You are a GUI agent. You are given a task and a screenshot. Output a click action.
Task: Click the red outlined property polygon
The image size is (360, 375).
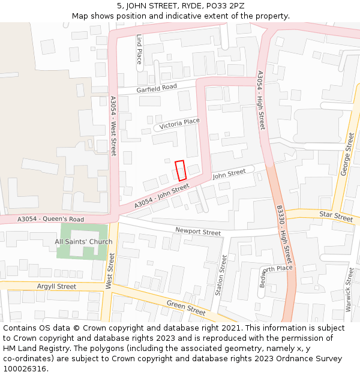[x=181, y=170]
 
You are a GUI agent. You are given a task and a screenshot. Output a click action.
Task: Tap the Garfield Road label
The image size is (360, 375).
[x=157, y=88]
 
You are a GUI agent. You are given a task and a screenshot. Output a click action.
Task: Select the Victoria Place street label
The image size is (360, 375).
[x=179, y=123]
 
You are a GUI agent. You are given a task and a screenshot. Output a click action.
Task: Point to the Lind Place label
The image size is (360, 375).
[x=139, y=49]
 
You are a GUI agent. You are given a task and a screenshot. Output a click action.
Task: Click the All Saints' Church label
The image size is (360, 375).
[x=83, y=242]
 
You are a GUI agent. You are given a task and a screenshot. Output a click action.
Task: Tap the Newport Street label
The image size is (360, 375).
[x=198, y=232]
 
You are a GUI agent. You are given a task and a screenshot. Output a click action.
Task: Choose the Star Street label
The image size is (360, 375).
[x=336, y=215]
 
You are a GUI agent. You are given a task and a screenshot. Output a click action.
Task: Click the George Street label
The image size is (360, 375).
[x=347, y=154]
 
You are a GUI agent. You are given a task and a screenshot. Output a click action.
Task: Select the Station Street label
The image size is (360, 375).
[x=221, y=275]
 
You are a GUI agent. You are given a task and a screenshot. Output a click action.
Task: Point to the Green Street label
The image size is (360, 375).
[x=186, y=308]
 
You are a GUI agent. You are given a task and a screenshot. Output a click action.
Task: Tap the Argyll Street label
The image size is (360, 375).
[x=56, y=287]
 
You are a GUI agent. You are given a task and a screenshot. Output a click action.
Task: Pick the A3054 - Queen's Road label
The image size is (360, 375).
[x=50, y=220]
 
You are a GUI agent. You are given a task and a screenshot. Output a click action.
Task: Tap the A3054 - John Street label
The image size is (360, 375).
[x=162, y=196]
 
